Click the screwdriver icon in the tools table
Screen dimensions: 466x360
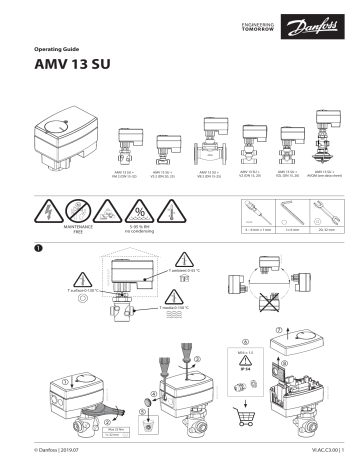256,212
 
